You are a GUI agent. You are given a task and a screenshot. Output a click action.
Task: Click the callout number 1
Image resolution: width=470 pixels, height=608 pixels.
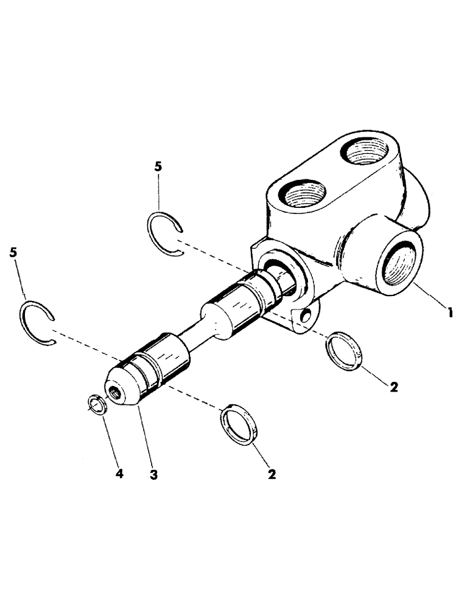tap(450, 313)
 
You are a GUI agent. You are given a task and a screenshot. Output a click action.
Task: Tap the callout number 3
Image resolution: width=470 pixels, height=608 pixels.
tap(153, 474)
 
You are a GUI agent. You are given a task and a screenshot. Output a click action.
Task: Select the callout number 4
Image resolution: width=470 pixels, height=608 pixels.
tap(119, 474)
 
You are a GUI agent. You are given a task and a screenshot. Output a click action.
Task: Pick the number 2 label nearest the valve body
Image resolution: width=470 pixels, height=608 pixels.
tap(393, 387)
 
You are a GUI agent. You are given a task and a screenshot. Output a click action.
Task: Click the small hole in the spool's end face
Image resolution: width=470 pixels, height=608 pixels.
tap(113, 393)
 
